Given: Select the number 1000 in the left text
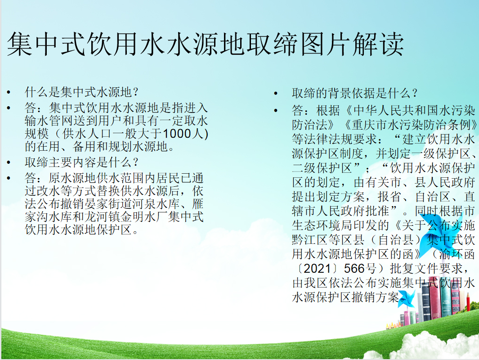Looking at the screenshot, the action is click(177, 134).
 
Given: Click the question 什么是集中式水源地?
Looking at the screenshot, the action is click(81, 92).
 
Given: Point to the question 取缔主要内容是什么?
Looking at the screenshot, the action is click(81, 162).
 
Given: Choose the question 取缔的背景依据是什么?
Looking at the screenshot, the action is click(355, 93).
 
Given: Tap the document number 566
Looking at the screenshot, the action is click(354, 269).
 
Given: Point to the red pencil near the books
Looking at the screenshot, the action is click(468, 302).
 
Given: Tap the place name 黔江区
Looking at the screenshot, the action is click(310, 239).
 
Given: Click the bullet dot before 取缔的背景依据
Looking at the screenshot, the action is click(276, 93).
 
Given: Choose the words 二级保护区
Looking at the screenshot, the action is click(322, 168).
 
